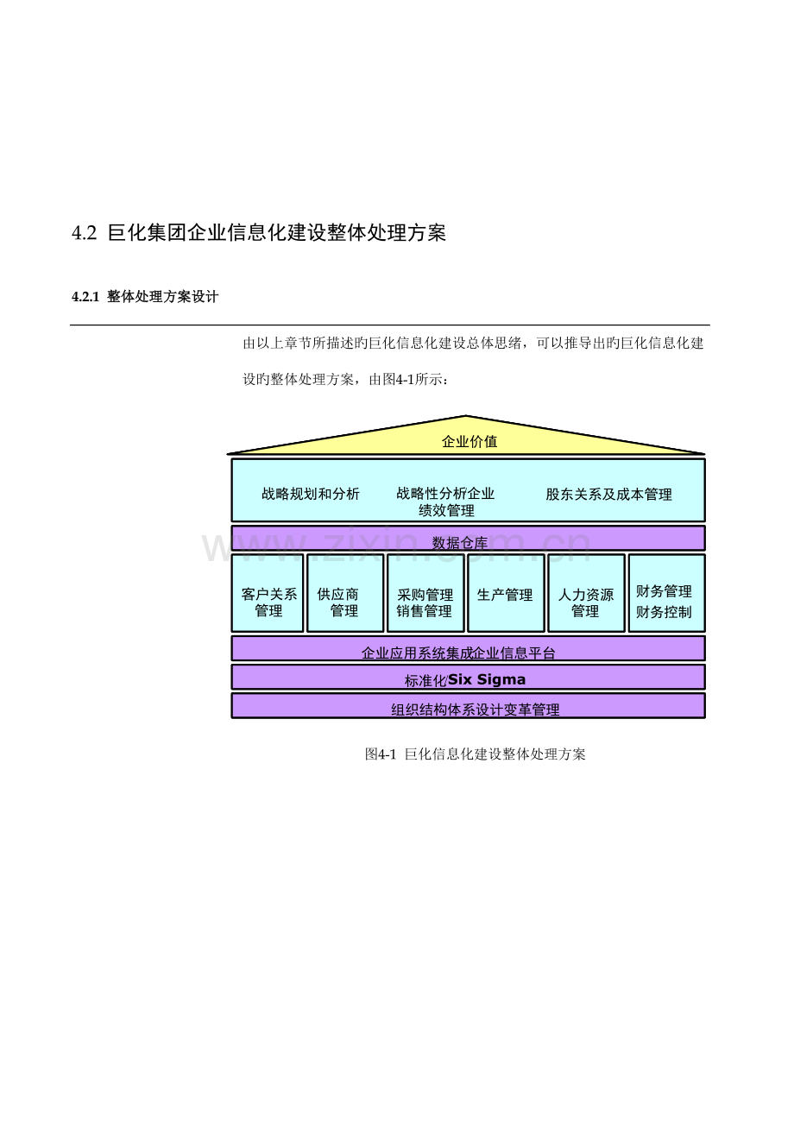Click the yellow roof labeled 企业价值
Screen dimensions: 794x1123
[x=466, y=439]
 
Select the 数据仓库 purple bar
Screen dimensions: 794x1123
[x=468, y=538]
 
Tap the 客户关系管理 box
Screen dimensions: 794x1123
[x=268, y=593]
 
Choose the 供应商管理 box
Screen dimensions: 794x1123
[x=345, y=593]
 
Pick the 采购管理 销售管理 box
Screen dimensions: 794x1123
[x=425, y=593]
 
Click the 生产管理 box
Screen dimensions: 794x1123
[x=506, y=593]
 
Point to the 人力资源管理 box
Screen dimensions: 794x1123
[x=587, y=593]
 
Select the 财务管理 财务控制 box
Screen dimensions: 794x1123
[x=667, y=593]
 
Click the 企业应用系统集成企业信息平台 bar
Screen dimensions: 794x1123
[x=468, y=648]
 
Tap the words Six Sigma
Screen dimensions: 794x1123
[x=487, y=679]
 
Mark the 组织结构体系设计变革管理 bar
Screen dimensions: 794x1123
[x=468, y=705]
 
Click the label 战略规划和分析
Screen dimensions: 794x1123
[x=311, y=494]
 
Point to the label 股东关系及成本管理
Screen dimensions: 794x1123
[x=608, y=495]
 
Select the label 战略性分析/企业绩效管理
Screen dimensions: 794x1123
[x=445, y=502]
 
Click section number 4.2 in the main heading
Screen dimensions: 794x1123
[x=84, y=233]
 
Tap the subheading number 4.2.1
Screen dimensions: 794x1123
[x=85, y=297]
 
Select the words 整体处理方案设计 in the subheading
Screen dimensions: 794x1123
[x=163, y=297]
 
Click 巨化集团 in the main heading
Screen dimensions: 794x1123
[x=147, y=233]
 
